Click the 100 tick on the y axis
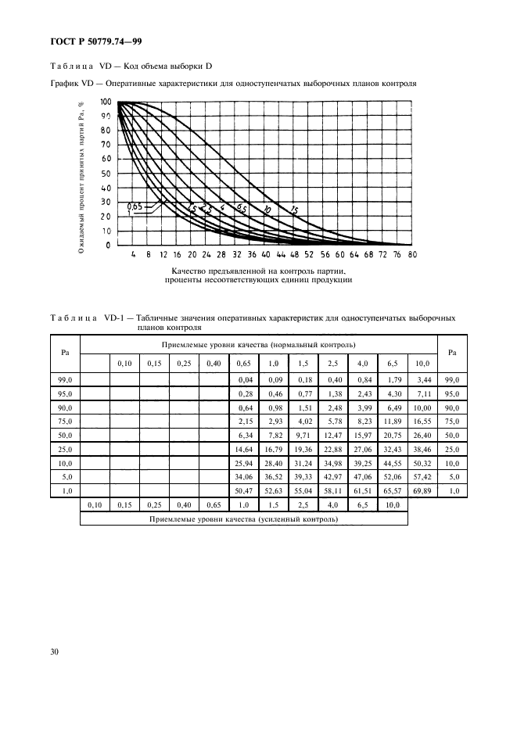105,102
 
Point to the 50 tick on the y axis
107,174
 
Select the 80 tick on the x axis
412,254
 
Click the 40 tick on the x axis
266,254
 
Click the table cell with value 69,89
422,490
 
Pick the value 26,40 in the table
422,435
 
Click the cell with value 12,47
333,435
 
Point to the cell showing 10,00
422,407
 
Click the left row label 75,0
65,421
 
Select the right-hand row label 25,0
451,448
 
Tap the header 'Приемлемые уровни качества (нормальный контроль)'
259,344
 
